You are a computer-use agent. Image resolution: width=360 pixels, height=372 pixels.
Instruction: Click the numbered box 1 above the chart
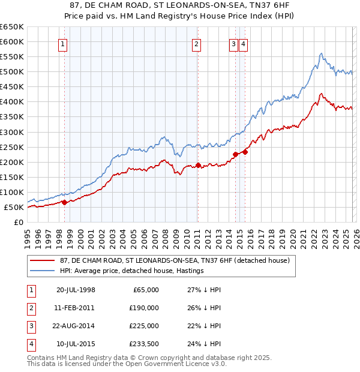pos(63,43)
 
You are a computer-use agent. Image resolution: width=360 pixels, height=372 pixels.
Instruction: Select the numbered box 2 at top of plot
pos(196,43)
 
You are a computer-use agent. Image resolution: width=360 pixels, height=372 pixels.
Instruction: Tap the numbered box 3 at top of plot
pos(233,43)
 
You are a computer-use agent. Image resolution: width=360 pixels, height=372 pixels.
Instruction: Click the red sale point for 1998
pos(64,202)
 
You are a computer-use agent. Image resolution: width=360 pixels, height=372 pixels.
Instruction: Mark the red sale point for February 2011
pos(198,165)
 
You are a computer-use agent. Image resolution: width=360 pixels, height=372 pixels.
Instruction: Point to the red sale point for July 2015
pos(245,152)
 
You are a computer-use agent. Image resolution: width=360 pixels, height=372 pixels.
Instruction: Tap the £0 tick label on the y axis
pos(18,222)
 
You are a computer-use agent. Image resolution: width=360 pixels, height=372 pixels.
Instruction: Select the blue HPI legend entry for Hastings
pos(132,271)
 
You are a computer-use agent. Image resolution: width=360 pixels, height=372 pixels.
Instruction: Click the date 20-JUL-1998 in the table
pos(76,290)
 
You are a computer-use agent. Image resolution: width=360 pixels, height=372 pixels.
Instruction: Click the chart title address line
pos(179,5)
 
